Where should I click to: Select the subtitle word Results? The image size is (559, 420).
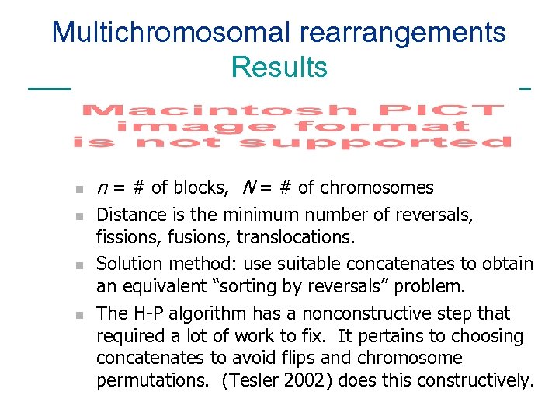click(x=279, y=68)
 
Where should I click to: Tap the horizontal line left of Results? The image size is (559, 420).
click(x=48, y=89)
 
